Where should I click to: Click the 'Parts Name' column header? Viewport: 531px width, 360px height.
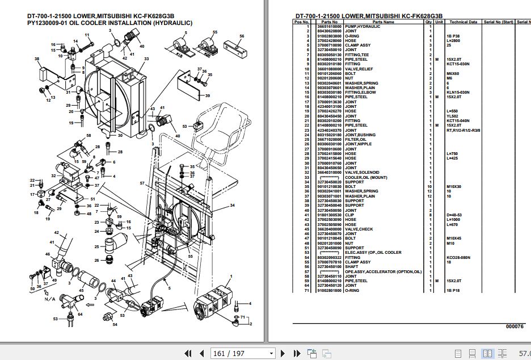(383, 22)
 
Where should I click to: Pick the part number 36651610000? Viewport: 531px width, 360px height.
(330, 27)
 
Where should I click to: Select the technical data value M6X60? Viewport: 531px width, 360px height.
(452, 73)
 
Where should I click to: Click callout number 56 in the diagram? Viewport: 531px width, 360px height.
(242, 36)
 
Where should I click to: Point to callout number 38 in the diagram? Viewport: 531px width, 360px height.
(37, 59)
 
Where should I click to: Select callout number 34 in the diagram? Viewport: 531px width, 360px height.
(232, 205)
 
